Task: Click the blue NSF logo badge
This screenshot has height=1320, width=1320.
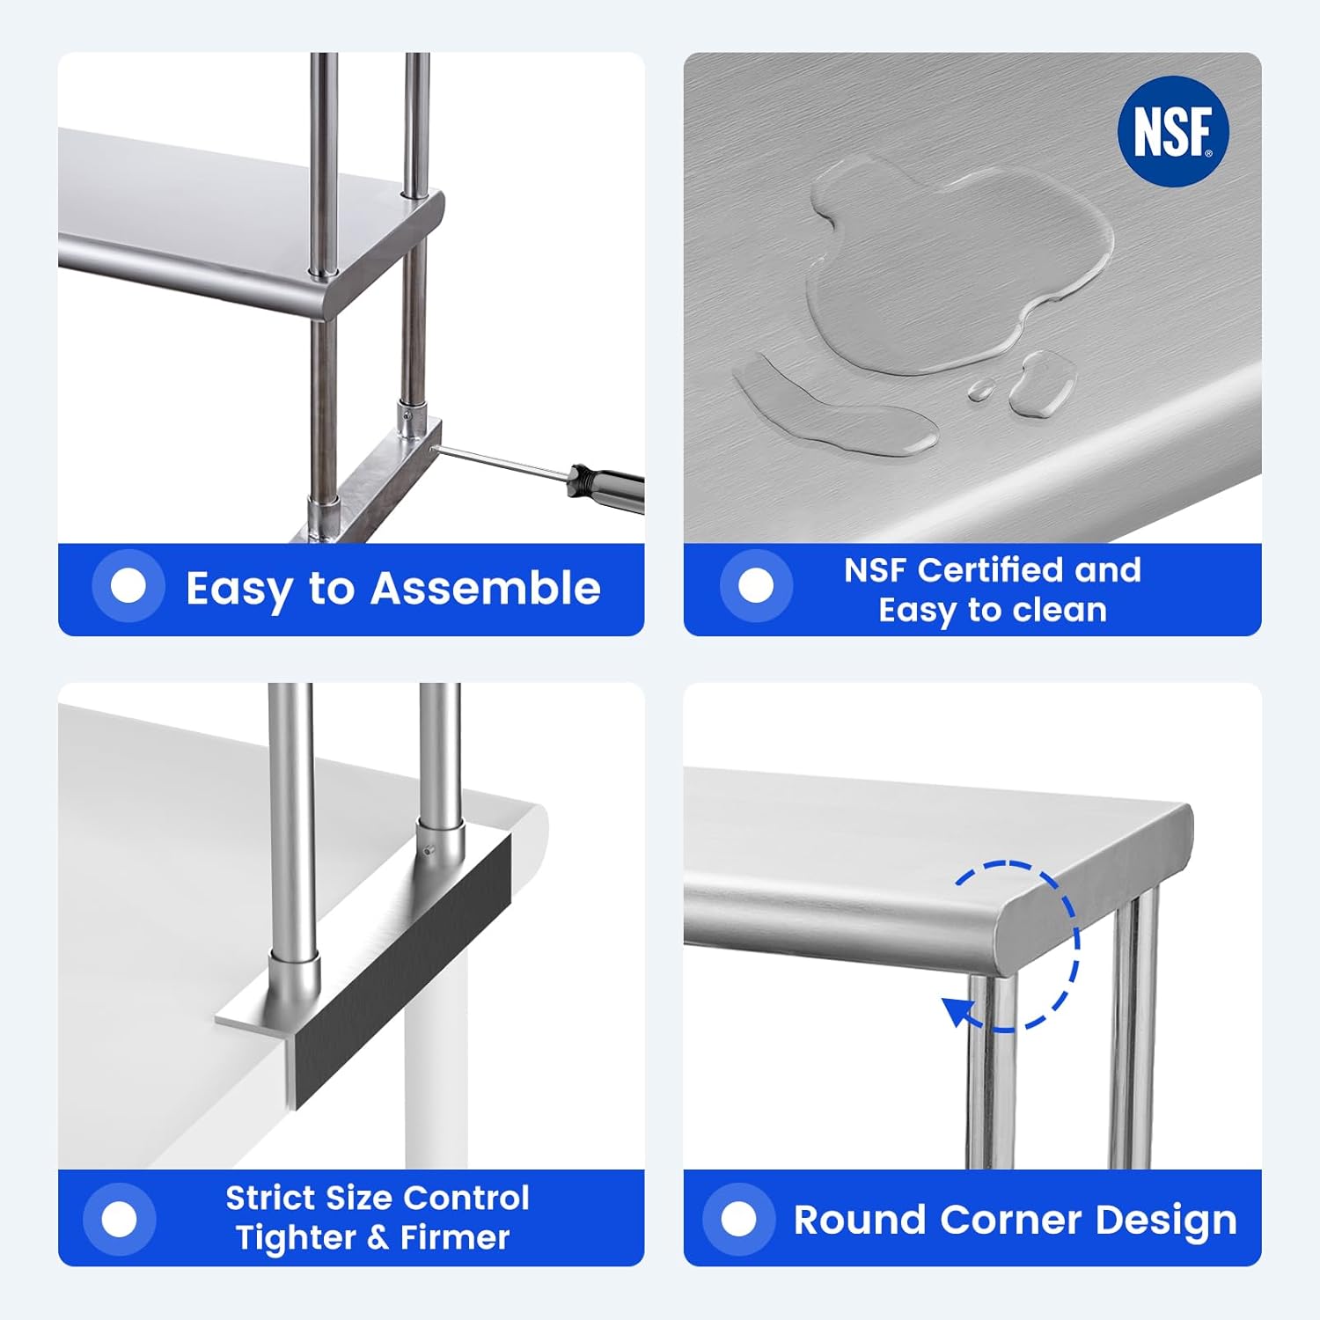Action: (1173, 131)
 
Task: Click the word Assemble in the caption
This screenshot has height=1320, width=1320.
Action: (485, 588)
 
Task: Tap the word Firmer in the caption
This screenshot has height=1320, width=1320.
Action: (454, 1238)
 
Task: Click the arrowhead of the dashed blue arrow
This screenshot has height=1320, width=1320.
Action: (957, 1011)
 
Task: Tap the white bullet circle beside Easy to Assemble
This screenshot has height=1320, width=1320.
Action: (128, 586)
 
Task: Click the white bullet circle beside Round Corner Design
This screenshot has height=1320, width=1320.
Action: (738, 1220)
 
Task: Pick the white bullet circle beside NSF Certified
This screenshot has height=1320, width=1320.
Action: (756, 586)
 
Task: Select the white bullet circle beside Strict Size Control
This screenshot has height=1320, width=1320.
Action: (120, 1220)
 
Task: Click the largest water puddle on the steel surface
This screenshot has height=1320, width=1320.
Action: (950, 264)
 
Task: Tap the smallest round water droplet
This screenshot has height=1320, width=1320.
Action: (980, 390)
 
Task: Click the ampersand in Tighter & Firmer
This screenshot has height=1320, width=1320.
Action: (378, 1238)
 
